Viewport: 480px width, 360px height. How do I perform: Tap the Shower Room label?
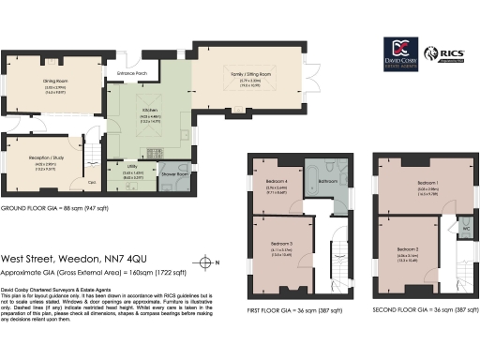[x=174, y=174]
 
